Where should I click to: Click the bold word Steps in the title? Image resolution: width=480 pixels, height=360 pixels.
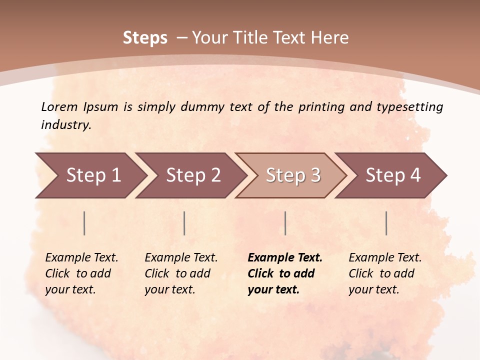pyautogui.click(x=145, y=38)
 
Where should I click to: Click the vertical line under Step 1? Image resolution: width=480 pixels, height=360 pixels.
pyautogui.click(x=84, y=223)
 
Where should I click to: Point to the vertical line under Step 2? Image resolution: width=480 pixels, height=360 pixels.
pyautogui.click(x=184, y=223)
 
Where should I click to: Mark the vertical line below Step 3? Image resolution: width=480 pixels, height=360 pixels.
pyautogui.click(x=285, y=223)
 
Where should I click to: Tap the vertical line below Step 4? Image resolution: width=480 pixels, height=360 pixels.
pyautogui.click(x=386, y=223)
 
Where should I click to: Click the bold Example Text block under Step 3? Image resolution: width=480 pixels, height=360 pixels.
pyautogui.click(x=285, y=273)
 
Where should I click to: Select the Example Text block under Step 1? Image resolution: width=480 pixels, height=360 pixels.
pyautogui.click(x=81, y=273)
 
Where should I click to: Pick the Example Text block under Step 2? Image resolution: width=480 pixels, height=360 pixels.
pyautogui.click(x=181, y=273)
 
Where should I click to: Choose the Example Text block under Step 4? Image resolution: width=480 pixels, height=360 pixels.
pyautogui.click(x=385, y=273)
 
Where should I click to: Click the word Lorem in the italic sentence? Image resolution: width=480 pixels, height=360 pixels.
pyautogui.click(x=59, y=106)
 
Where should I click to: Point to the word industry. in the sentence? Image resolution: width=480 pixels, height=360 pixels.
pyautogui.click(x=66, y=125)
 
